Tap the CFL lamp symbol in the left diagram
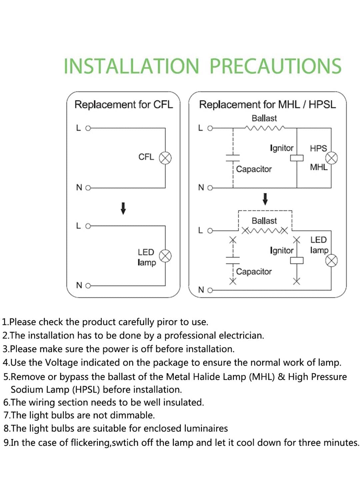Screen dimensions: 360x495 [x=165, y=158]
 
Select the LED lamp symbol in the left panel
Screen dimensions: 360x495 [x=165, y=256]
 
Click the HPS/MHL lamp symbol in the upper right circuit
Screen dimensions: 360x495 [x=332, y=158]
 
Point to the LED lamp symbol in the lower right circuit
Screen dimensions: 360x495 [x=332, y=261]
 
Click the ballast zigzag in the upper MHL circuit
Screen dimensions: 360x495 [x=265, y=128]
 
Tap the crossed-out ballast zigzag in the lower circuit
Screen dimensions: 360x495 [x=265, y=231]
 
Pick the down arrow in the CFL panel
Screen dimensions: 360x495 [x=123, y=208]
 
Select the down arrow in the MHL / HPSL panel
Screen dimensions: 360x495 [x=265, y=199]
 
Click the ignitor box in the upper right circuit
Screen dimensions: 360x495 [x=297, y=158]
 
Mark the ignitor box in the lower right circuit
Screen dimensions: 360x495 [x=297, y=261]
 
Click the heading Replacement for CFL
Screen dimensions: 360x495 [x=124, y=104]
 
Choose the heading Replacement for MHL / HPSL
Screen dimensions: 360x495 [x=267, y=104]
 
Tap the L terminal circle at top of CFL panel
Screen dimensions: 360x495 [x=88, y=128]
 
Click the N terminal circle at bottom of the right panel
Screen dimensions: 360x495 [x=210, y=290]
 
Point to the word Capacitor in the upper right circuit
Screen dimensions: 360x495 [x=254, y=169]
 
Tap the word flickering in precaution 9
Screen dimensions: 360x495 [x=91, y=443]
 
